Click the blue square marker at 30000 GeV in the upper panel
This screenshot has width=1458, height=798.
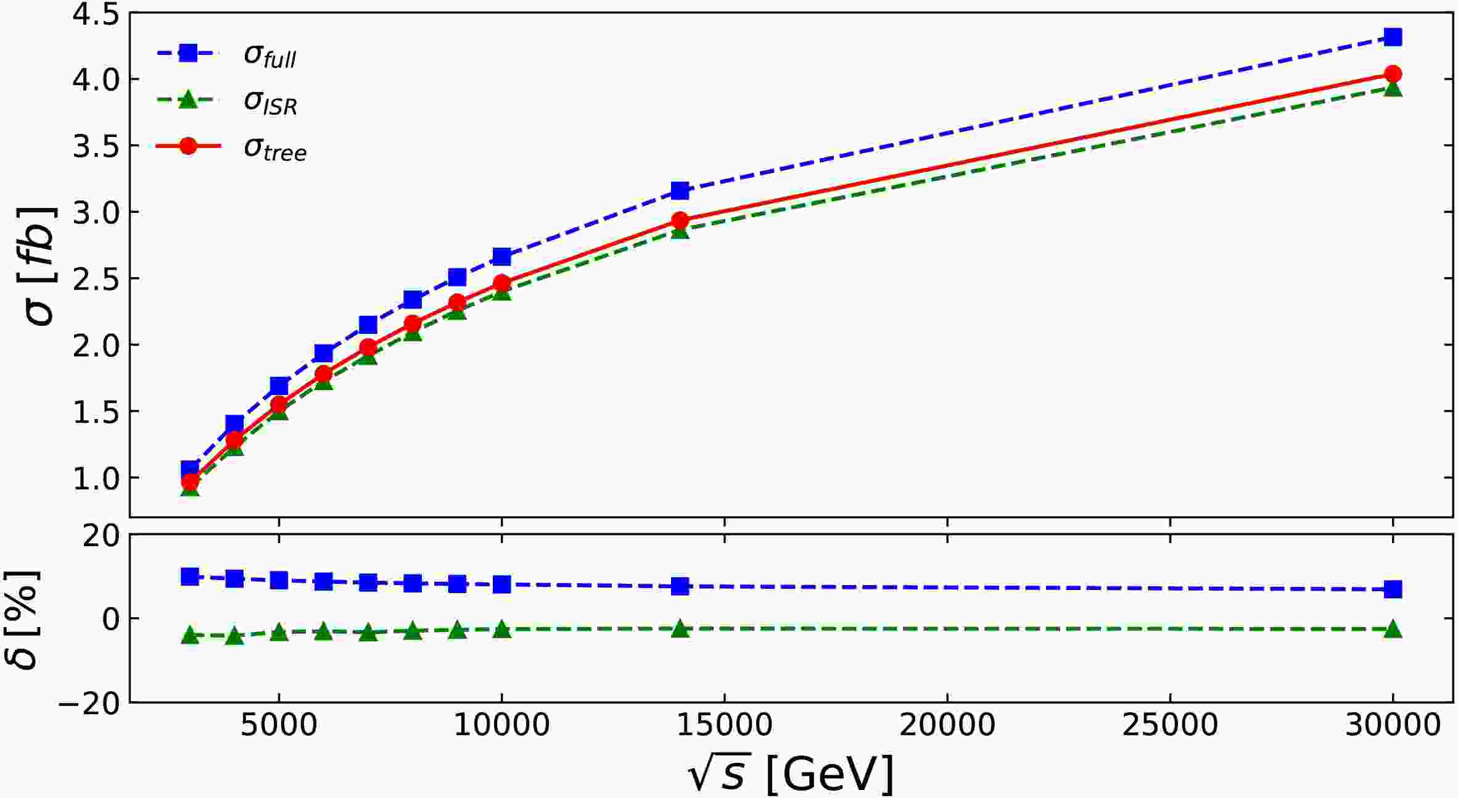1393,37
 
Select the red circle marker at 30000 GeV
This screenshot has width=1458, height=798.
1393,74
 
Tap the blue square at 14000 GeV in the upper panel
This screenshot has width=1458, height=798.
680,190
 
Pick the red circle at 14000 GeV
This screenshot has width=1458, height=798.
680,220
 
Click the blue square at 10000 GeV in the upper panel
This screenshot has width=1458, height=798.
502,256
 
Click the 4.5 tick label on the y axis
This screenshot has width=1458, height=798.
96,14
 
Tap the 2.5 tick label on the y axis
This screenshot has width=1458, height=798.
96,278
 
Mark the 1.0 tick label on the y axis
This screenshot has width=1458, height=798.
96,478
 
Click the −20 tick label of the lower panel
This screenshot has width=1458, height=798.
89,704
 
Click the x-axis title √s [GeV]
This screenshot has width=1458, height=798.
791,773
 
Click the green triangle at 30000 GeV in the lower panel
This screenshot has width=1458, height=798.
1393,630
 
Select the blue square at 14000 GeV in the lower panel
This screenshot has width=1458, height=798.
680,586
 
